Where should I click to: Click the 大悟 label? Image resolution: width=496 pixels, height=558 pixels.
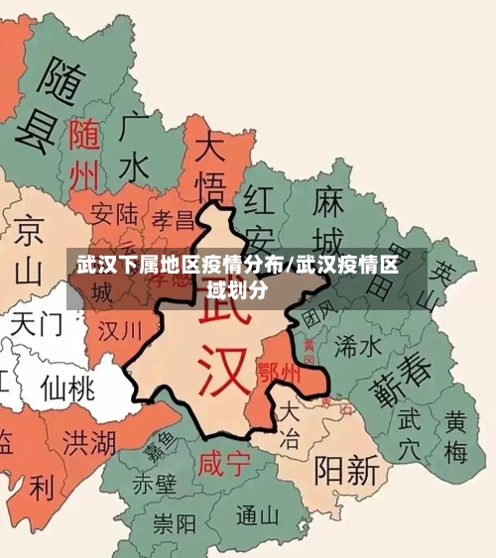210,168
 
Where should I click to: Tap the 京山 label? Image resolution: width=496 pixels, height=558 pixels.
30,249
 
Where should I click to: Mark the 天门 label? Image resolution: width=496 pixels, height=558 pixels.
38,324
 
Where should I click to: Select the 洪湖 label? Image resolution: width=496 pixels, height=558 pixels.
87,441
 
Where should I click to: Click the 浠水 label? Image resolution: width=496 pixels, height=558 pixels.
357,345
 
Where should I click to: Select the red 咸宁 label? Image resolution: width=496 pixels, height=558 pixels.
223,463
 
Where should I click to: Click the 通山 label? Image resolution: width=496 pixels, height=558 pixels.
259,515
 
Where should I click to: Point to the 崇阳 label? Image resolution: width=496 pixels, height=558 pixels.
175,522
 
